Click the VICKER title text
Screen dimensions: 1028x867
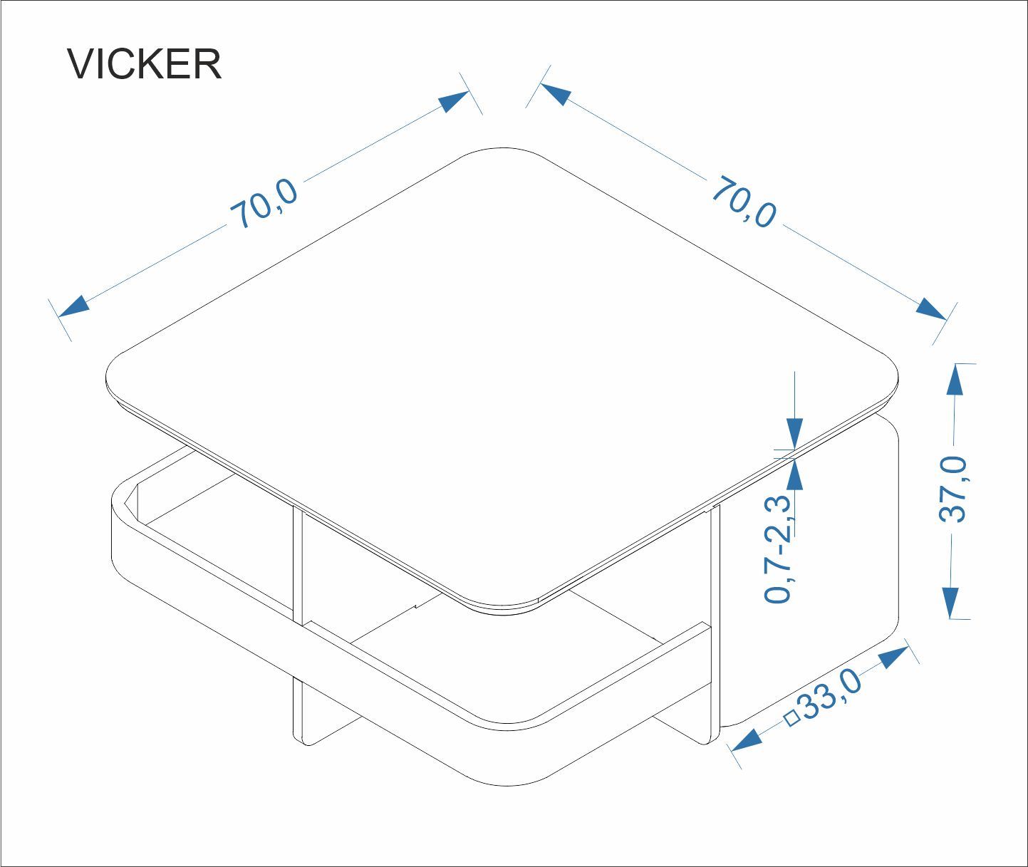144,64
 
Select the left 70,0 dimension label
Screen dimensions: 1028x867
264,204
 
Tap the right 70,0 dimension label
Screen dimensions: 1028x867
744,201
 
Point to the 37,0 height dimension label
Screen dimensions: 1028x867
953,489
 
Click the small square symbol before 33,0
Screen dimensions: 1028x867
792,718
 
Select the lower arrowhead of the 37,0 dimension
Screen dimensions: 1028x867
950,603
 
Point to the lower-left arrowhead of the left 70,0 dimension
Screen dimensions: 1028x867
73,307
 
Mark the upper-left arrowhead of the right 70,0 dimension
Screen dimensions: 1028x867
556,93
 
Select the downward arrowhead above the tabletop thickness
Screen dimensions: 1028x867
794,434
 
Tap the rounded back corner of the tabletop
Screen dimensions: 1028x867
503,148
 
